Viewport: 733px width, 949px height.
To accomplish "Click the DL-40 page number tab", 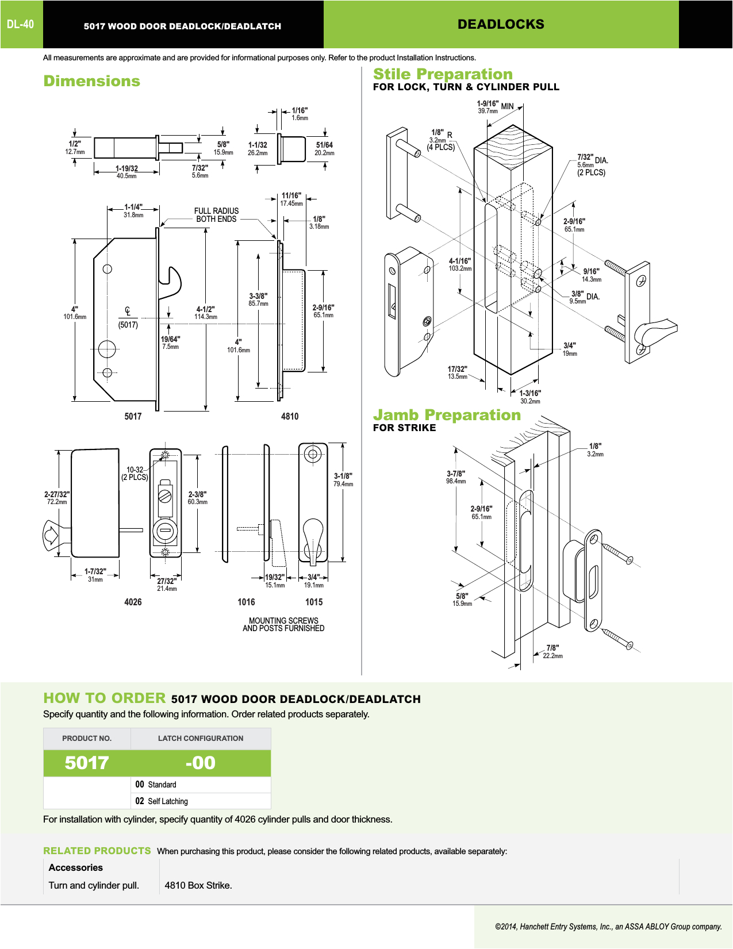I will coord(21,24).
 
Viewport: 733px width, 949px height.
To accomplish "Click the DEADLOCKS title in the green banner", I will coord(501,24).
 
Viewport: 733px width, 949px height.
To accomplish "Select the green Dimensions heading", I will coord(92,81).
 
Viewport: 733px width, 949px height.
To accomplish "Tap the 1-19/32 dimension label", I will coord(126,169).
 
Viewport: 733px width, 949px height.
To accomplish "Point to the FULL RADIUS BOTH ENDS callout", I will coord(216,215).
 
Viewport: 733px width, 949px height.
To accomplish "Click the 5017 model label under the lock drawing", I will coord(133,416).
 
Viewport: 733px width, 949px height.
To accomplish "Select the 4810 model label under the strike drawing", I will coord(290,416).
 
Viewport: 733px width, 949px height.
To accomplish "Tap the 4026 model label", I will coord(133,602).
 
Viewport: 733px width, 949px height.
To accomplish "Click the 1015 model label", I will coord(314,602).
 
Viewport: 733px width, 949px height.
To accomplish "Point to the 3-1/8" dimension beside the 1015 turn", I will coord(343,479).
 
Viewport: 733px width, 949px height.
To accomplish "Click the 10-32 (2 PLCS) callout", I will coord(135,474).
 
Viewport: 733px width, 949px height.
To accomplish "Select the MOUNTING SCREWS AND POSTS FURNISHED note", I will coord(283,624).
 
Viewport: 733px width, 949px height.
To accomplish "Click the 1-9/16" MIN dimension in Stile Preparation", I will coord(494,107).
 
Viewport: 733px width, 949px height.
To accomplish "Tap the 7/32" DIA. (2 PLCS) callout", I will coord(592,164).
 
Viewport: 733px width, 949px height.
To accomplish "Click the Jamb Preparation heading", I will coord(447,415).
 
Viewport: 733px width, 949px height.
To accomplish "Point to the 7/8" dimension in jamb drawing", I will coord(552,651).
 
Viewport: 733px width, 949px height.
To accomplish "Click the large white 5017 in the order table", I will coord(87,763).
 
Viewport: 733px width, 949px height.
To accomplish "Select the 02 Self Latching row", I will coord(162,801).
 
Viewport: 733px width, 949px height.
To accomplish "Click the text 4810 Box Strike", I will coord(198,885).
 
